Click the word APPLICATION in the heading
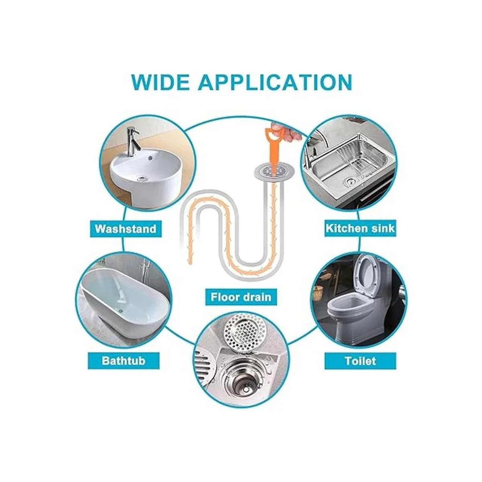[x=275, y=82]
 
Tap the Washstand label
[x=126, y=229]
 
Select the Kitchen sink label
[x=360, y=229]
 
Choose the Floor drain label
[x=241, y=297]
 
